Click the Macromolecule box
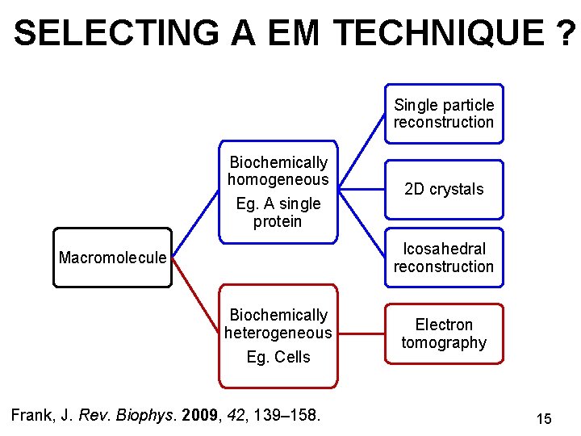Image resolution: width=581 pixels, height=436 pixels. tap(113, 258)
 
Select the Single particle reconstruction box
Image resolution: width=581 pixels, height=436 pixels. tap(443, 114)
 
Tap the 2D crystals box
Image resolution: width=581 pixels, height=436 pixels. tap(443, 190)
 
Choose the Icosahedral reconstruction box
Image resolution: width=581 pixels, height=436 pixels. tap(443, 258)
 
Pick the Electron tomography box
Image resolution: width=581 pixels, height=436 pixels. tap(443, 333)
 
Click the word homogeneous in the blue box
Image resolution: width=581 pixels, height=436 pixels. tap(278, 179)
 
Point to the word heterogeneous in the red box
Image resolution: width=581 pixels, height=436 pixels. tap(278, 333)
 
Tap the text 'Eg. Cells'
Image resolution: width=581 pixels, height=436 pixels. tap(278, 357)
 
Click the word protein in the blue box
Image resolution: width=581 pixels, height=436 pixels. tap(278, 221)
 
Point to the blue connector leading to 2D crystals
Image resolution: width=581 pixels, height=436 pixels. tap(361, 190)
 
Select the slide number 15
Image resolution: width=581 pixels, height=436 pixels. tap(544, 419)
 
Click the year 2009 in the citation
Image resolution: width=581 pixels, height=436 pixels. tap(202, 416)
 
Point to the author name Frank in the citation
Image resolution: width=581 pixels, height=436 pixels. tap(33, 416)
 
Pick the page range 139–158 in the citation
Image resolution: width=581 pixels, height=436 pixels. tap(286, 416)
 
